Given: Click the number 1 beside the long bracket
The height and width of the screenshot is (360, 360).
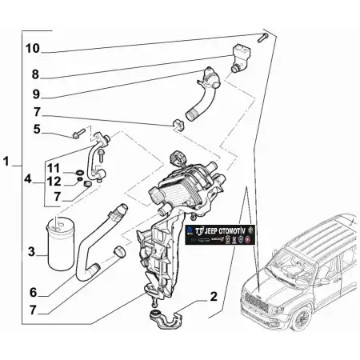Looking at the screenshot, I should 7,163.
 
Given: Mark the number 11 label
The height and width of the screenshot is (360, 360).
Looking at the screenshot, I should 54,167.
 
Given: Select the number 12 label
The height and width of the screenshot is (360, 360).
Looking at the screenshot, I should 54,182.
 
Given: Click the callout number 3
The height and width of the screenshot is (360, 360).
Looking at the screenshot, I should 31,252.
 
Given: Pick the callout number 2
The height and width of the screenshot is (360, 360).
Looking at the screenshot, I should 213,297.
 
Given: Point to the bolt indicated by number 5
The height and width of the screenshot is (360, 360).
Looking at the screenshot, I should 78,134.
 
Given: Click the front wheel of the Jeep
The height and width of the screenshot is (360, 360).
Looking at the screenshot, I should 303,315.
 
